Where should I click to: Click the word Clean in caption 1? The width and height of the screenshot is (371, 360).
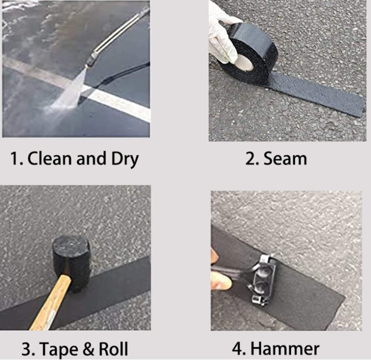pos(49,159)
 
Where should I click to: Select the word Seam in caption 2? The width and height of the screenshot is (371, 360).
pos(284,159)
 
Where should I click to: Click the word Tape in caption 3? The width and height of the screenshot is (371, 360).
pos(57,349)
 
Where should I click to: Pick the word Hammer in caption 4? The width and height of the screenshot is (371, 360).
pos(285,348)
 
